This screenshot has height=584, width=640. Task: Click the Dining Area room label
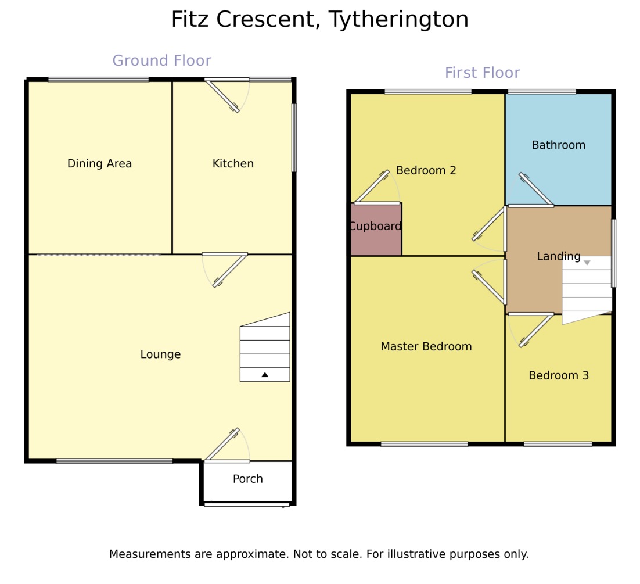tap(99, 164)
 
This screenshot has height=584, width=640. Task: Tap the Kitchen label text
tap(233, 164)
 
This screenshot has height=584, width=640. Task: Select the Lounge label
tap(160, 354)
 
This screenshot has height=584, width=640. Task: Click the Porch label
tap(247, 479)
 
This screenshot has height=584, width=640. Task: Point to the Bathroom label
tap(558, 145)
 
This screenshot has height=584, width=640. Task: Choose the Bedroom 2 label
tap(426, 171)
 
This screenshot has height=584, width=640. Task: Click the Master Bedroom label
tap(426, 347)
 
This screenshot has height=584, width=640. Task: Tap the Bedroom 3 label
tap(558, 376)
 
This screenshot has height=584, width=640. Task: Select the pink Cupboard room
tap(376, 229)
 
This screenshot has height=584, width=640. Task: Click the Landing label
tap(558, 256)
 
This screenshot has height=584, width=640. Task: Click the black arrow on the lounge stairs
tap(265, 375)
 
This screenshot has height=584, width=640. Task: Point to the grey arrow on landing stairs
tap(587, 263)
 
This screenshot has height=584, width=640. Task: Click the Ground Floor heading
tap(161, 61)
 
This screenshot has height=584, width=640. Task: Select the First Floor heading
tap(482, 73)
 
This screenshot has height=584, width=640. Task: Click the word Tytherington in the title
tap(398, 20)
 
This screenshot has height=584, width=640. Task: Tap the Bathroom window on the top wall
tap(542, 91)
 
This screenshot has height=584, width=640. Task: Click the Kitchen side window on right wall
tap(294, 137)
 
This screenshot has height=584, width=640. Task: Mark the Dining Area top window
tap(98, 80)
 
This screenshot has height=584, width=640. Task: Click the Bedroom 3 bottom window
tap(558, 445)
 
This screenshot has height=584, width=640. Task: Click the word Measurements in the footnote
tap(160, 554)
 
